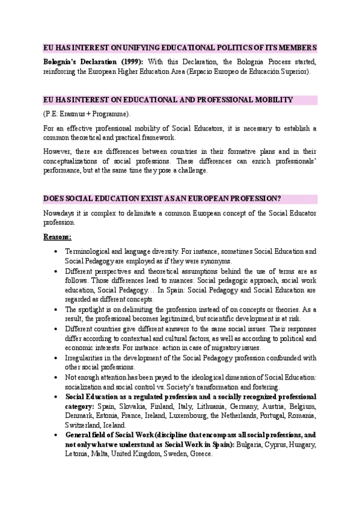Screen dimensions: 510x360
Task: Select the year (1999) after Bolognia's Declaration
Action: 127,61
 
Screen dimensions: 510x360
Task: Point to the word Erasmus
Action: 73,114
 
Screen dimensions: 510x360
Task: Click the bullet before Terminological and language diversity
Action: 55,251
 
